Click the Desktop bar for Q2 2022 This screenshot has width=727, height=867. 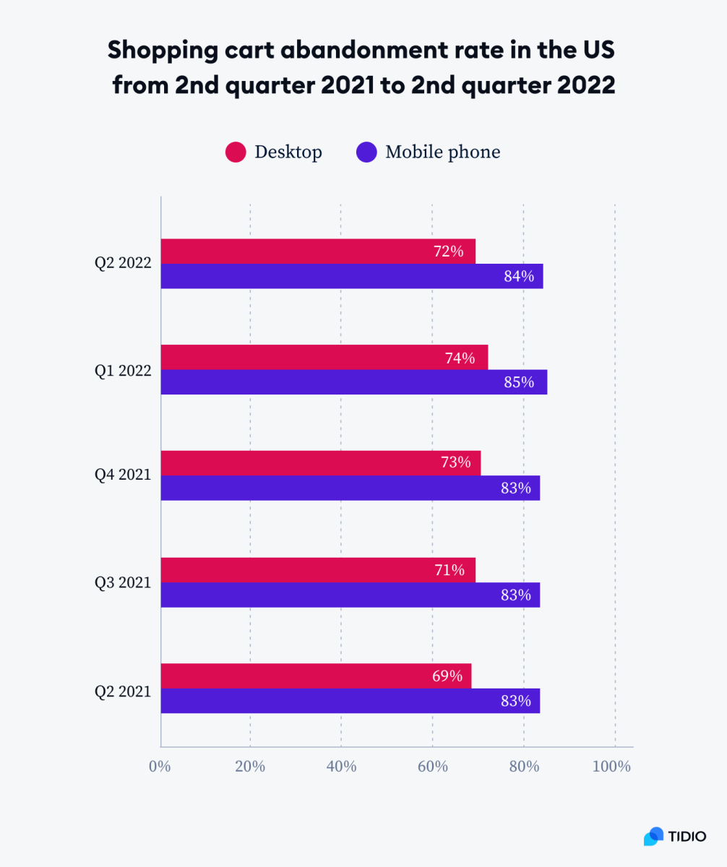click(x=318, y=251)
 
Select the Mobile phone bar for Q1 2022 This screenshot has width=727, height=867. click(x=353, y=382)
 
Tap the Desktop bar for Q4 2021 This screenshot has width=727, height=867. click(x=320, y=463)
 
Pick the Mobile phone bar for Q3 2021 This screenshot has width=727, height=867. click(x=350, y=595)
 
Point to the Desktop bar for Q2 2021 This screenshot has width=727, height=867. click(x=316, y=676)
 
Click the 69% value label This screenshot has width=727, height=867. click(x=447, y=676)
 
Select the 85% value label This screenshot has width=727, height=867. click(x=519, y=382)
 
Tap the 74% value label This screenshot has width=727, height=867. click(x=460, y=358)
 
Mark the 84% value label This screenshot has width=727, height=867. click(x=519, y=276)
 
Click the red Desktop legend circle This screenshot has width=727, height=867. click(x=236, y=152)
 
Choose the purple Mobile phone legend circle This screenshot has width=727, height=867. click(x=366, y=152)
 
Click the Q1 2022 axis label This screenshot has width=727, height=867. click(x=123, y=371)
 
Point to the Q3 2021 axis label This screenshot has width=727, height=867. click(x=123, y=582)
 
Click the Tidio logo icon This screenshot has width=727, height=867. click(x=653, y=836)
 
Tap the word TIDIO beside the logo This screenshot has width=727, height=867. click(x=687, y=837)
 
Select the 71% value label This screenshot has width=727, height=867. click(x=449, y=570)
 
